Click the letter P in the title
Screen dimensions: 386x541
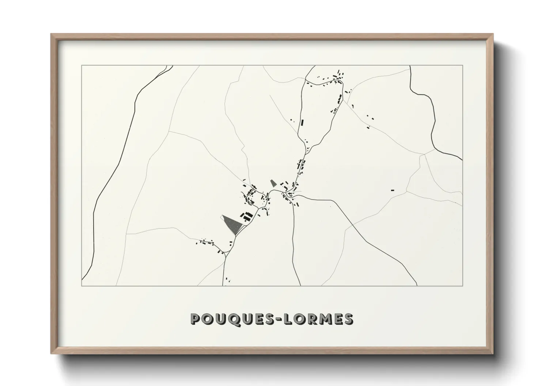coord(196,319)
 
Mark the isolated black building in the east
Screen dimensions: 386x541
coord(393,190)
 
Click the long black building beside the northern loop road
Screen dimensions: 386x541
coord(302,123)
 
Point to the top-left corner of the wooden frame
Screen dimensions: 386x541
coord(51,34)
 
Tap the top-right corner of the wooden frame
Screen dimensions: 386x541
coord(492,34)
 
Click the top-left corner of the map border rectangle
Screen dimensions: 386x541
coord(82,66)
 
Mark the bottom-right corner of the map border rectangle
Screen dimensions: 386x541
coord(462,286)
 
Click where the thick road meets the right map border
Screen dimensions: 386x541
coord(462,159)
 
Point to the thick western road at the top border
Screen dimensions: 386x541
coord(169,66)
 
